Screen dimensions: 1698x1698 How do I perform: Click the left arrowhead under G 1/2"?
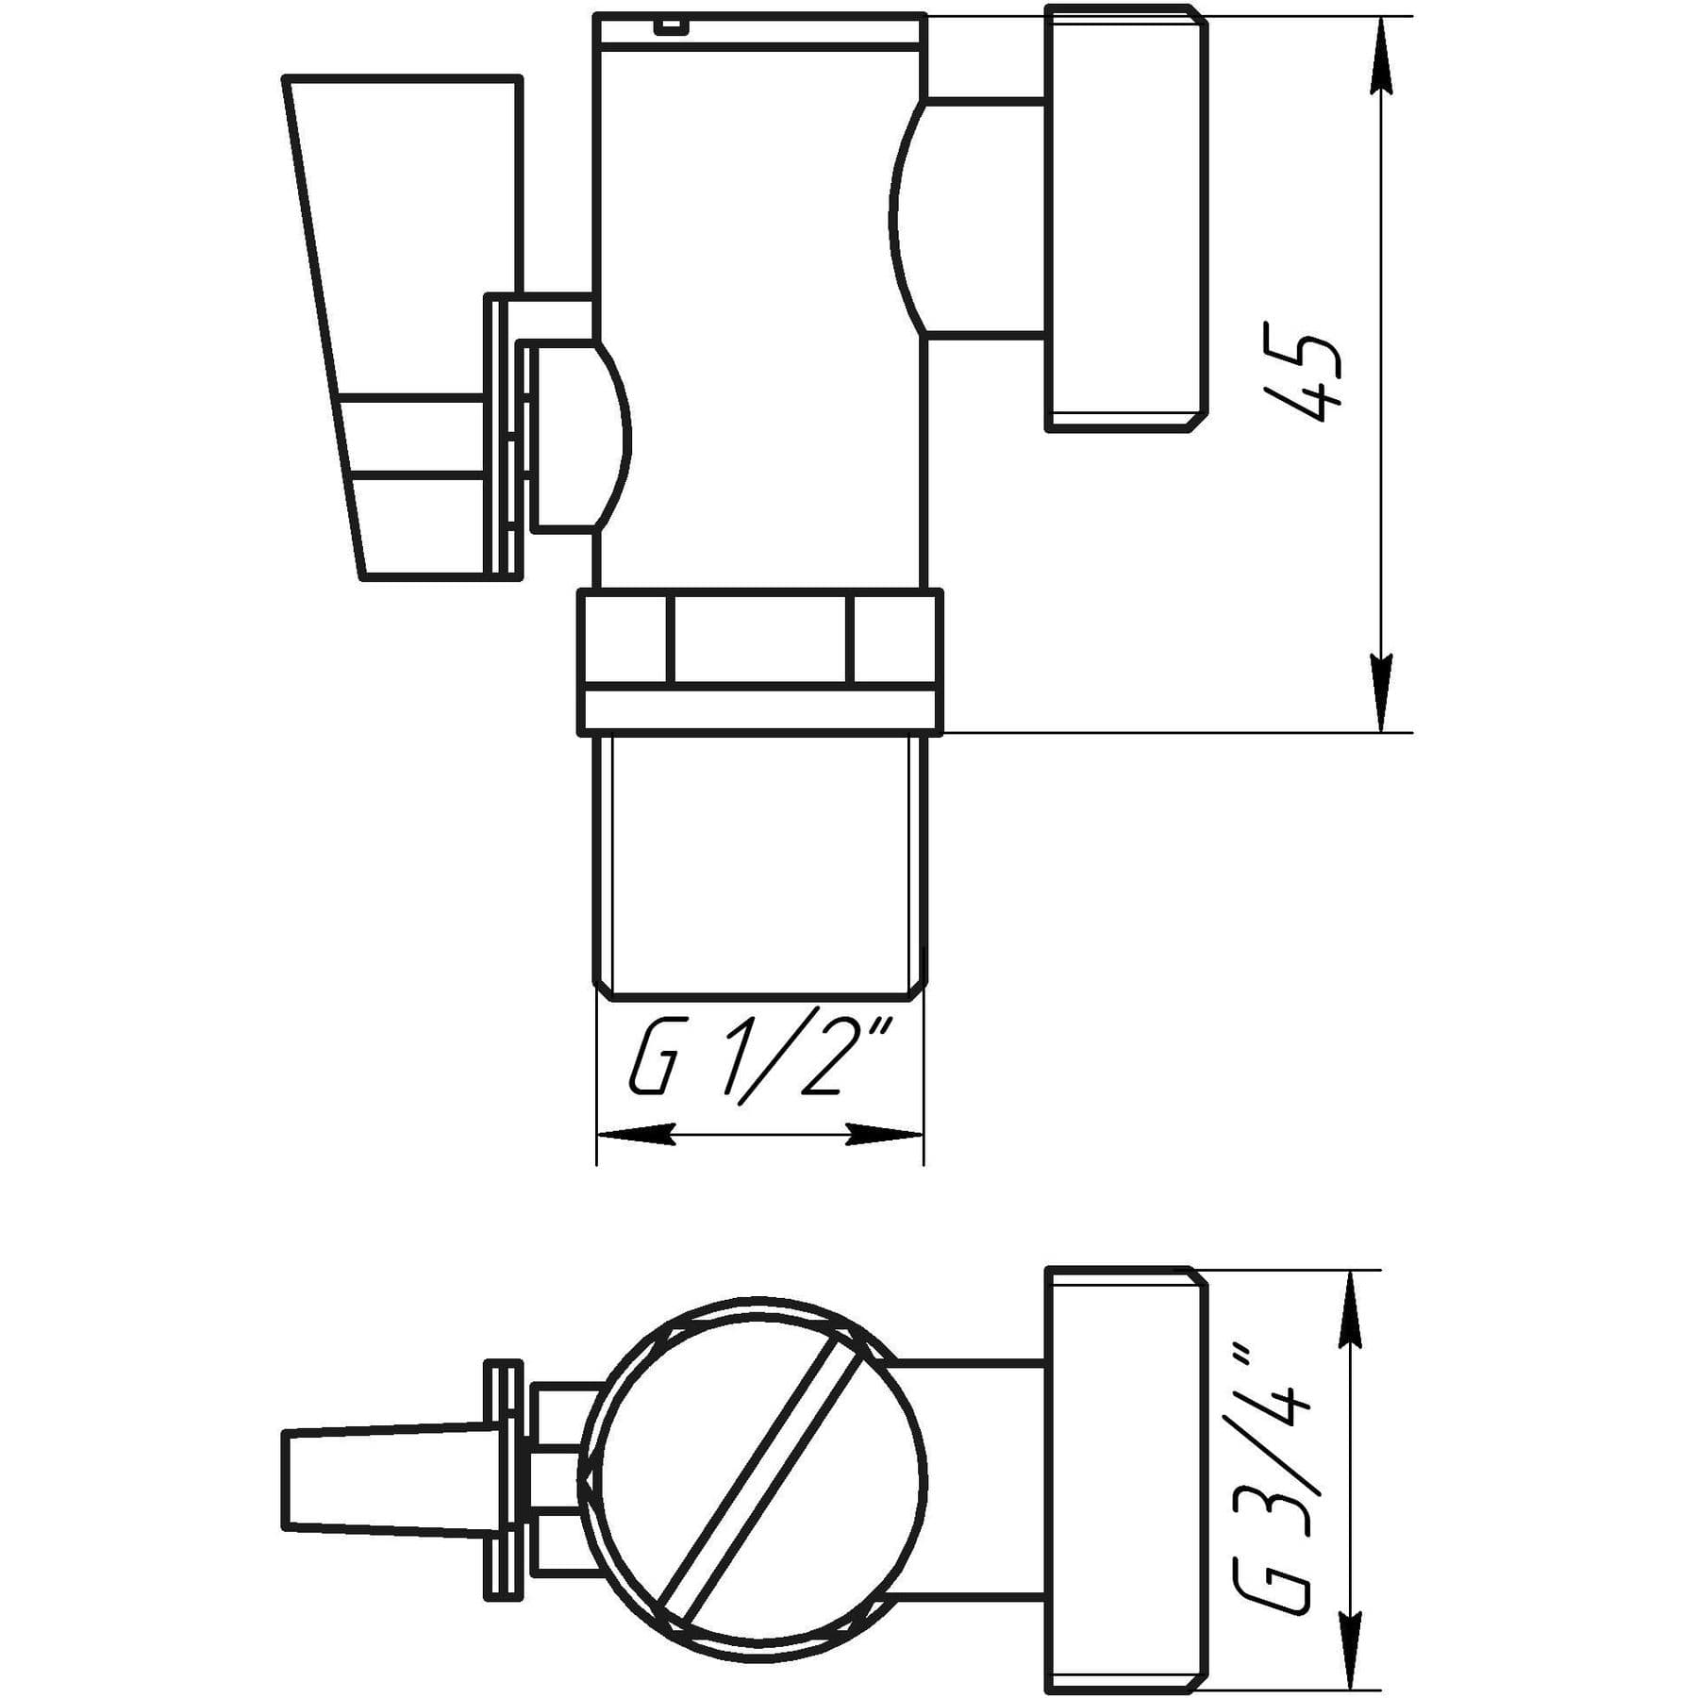pyautogui.click(x=636, y=1134)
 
